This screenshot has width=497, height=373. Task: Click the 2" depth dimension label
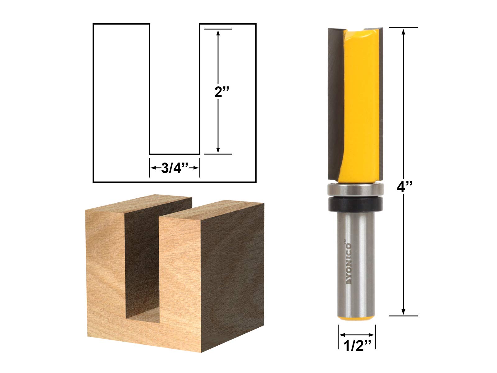coord(221,92)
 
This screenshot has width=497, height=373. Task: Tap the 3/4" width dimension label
coord(175,168)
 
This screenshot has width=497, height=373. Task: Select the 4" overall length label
coord(404,186)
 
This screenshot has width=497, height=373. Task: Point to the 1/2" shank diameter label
coord(357,346)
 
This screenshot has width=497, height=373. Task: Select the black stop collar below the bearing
coord(355,203)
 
